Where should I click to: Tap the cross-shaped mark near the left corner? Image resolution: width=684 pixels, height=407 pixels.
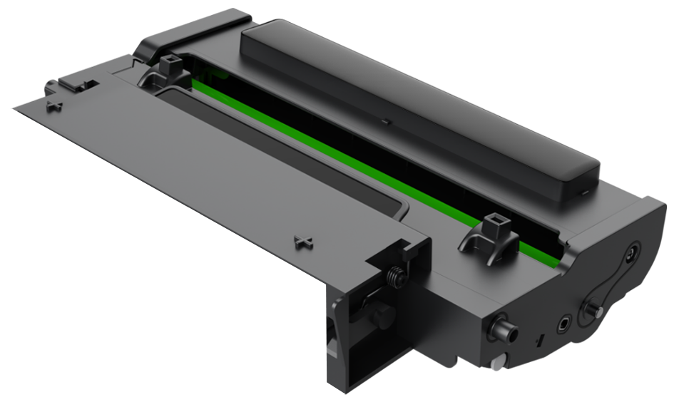coord(53,105)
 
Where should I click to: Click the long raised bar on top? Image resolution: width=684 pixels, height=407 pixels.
coord(421,107)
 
